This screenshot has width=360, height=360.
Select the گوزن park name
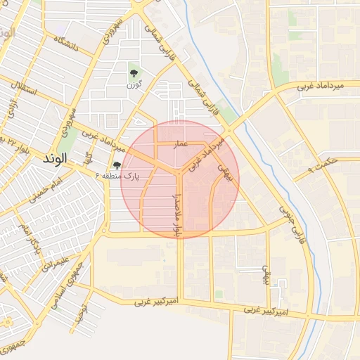(x=135, y=85)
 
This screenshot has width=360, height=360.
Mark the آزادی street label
(x=12, y=112)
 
